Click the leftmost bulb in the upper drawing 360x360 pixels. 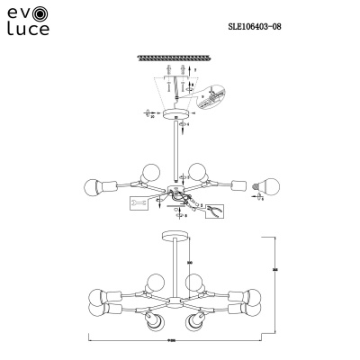pos(92,187)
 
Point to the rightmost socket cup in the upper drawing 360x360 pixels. pos(239,185)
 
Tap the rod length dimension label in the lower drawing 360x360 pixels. pos(191,263)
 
